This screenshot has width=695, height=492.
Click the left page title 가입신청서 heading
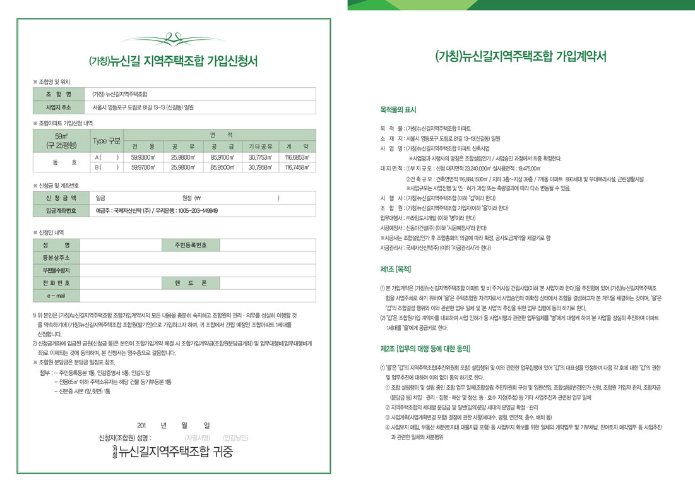(x=174, y=61)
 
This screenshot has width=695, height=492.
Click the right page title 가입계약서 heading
(x=521, y=56)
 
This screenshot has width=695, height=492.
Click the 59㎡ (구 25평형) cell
(x=61, y=140)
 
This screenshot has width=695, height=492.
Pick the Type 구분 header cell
(x=106, y=140)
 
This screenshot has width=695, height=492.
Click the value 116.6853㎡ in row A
(x=296, y=157)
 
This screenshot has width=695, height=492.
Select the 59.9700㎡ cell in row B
(x=144, y=167)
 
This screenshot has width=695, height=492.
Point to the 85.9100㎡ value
(x=222, y=157)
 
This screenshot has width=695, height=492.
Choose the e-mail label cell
(x=56, y=296)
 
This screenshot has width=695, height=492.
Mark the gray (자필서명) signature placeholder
(x=197, y=437)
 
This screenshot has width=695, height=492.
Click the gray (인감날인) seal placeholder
(x=235, y=437)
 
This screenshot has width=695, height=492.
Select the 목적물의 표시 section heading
(x=398, y=110)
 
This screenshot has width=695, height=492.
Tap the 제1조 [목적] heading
(x=396, y=269)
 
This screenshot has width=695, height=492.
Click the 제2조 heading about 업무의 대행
(x=425, y=349)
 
